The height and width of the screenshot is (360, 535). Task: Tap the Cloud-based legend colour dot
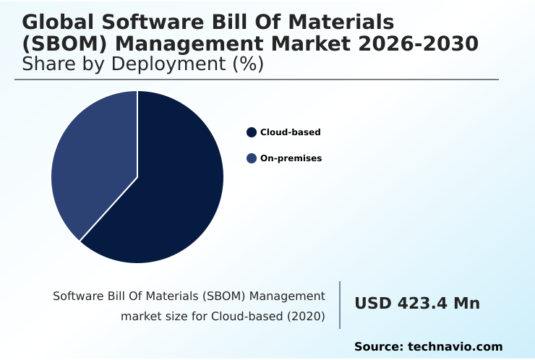(x=252, y=132)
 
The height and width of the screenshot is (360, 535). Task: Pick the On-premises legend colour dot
(x=252, y=158)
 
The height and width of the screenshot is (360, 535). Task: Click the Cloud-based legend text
(x=291, y=132)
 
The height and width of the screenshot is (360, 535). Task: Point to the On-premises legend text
(x=291, y=158)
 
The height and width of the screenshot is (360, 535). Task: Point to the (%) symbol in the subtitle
(x=247, y=64)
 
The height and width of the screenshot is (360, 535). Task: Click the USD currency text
(x=372, y=304)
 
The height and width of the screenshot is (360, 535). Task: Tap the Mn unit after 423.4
(x=467, y=304)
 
